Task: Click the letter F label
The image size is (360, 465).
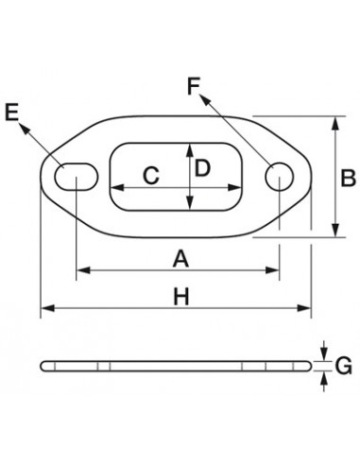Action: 195,88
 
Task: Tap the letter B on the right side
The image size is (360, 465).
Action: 347,176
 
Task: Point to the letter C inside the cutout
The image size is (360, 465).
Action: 149,175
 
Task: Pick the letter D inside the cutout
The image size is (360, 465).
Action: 202,168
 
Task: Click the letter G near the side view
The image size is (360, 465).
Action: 344,363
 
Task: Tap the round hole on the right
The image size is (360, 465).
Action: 279,175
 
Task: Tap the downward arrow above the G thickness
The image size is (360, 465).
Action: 322,352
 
